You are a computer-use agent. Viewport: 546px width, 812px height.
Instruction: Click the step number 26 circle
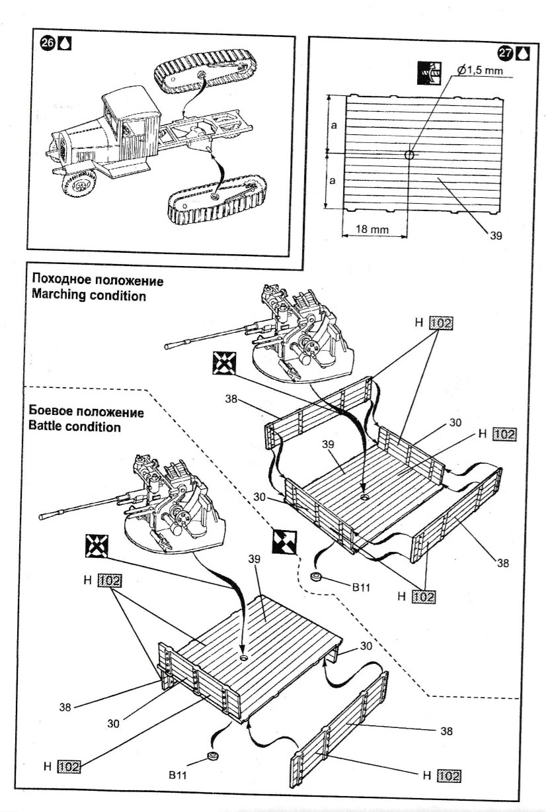pos(48,44)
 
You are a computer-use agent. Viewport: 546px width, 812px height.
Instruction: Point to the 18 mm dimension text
pos(372,229)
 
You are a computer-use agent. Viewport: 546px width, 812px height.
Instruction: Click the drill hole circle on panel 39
pos(409,155)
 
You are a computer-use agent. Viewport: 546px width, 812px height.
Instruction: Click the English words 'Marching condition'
pos(89,295)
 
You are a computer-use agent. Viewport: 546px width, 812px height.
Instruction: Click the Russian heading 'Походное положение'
pos(97,281)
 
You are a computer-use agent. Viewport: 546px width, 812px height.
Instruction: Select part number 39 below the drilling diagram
pos(496,234)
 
